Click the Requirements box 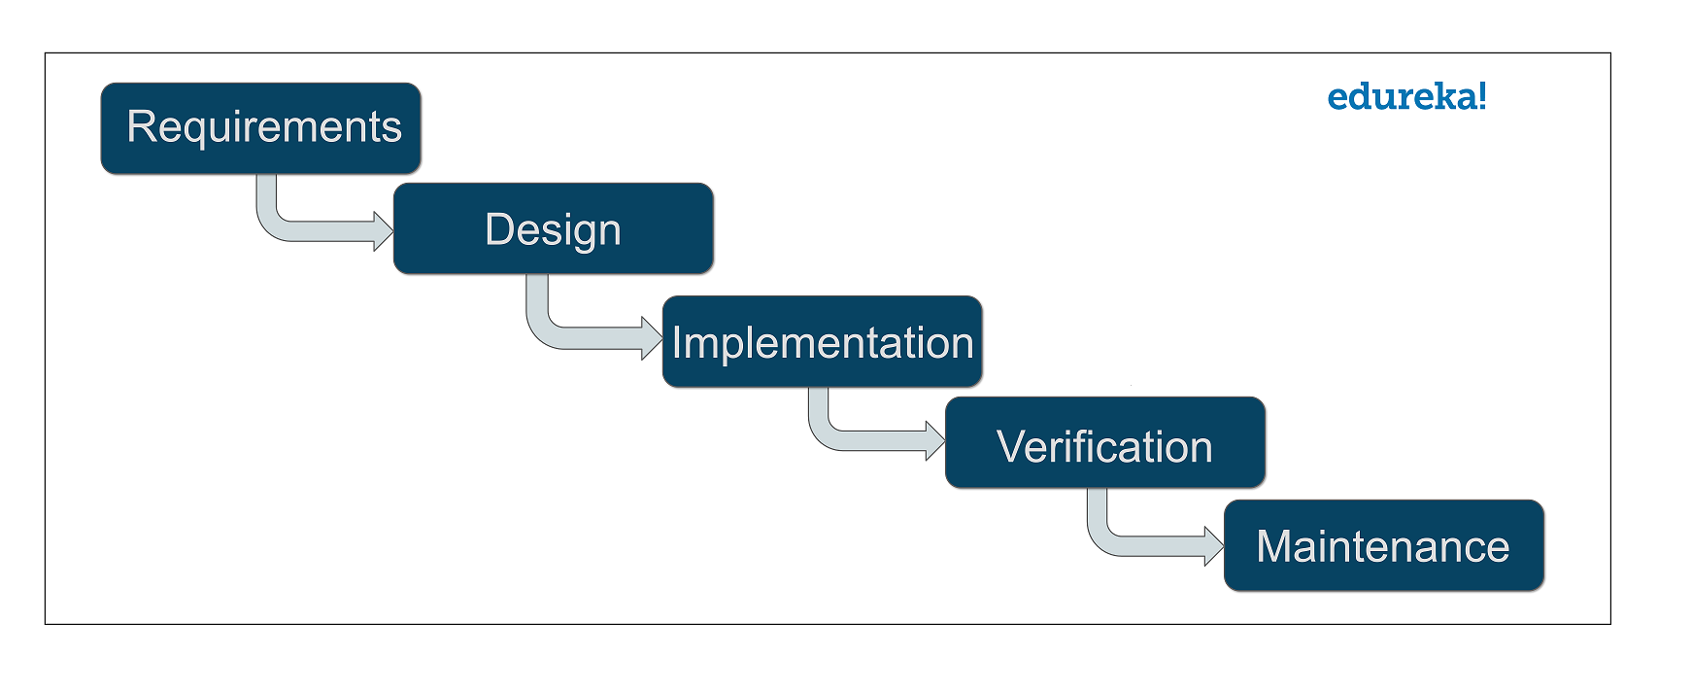[x=260, y=128]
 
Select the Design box [x=553, y=228]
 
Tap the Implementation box [x=822, y=342]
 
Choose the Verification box [x=1104, y=442]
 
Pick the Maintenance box [x=1383, y=545]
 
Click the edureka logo [x=1405, y=97]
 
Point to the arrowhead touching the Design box [x=384, y=230]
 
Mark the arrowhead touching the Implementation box [x=653, y=338]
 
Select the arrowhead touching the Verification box [x=935, y=440]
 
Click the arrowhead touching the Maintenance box [x=1214, y=545]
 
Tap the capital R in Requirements [x=141, y=127]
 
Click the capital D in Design [x=498, y=229]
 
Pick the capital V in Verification [x=1011, y=447]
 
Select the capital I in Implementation [x=677, y=343]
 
